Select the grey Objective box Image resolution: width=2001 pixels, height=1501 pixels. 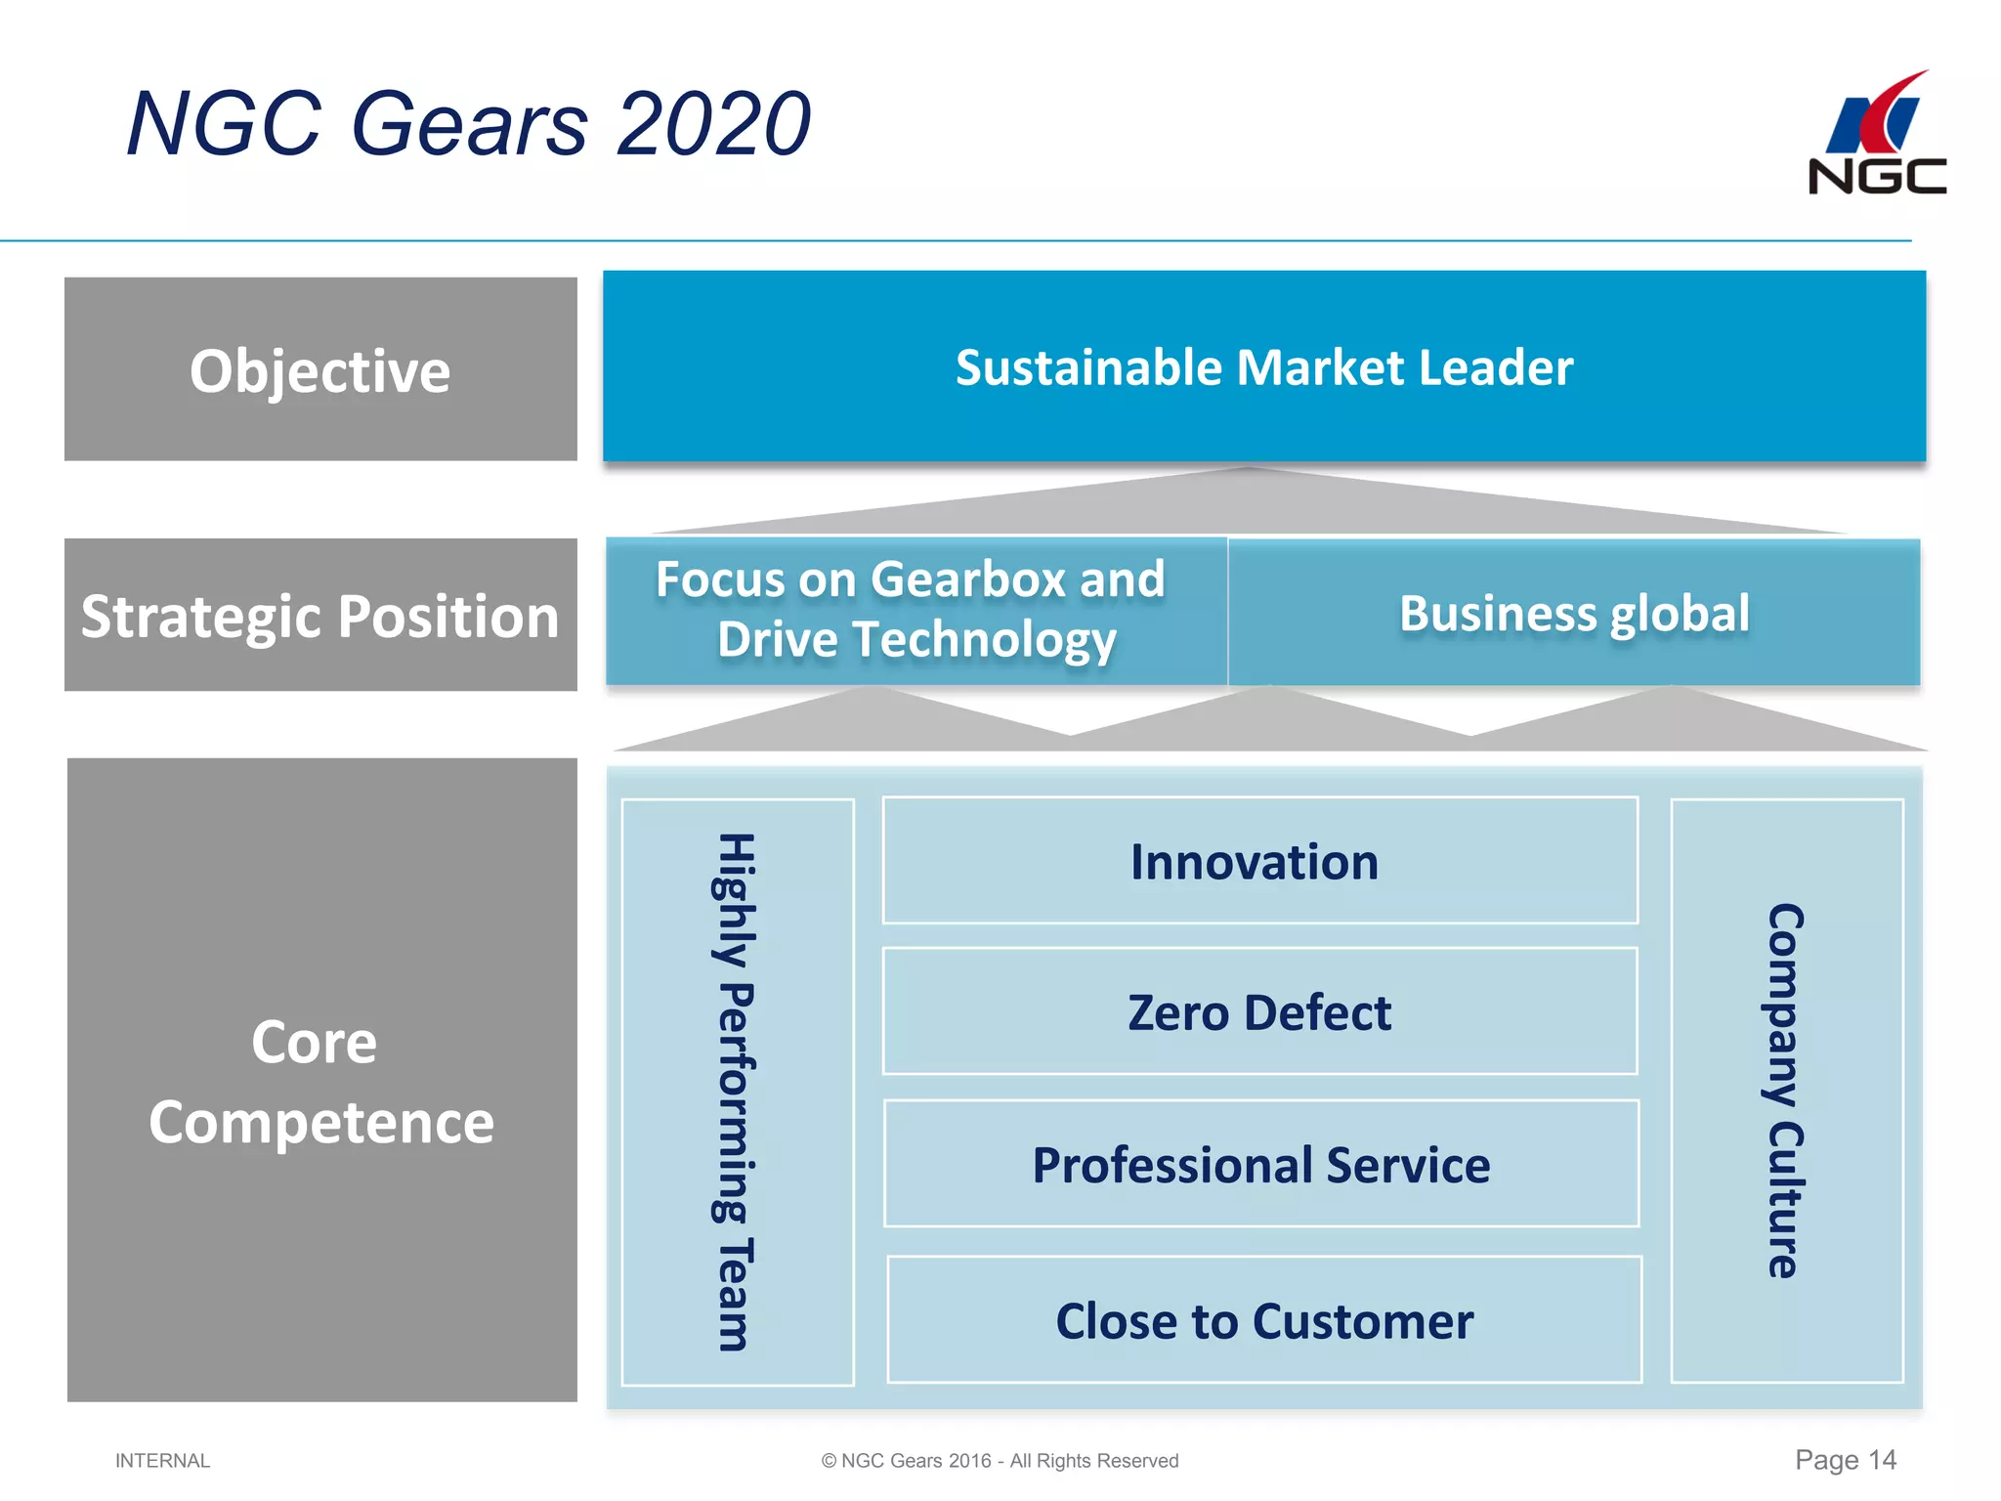pos(320,369)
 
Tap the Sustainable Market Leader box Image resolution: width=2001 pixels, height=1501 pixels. pos(1263,366)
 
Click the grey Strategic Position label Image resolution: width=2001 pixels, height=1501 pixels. pos(320,616)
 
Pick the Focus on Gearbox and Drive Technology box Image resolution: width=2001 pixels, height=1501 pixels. pos(915,611)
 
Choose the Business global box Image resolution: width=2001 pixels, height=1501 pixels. pos(1573,613)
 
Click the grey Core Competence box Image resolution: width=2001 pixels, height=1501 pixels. pos(321,1080)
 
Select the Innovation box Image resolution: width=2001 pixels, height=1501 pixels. pos(1258,861)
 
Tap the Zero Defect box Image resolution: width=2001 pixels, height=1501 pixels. pos(1258,1011)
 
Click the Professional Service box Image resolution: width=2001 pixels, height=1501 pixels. pos(1260,1164)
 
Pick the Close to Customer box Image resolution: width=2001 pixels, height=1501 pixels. pos(1263,1320)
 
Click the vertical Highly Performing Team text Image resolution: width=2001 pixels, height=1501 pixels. pos(735,1092)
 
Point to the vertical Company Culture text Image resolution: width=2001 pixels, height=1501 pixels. pos(1786,1091)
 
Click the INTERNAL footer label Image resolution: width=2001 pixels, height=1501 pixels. pos(162,1461)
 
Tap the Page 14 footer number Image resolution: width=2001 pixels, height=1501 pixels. pos(1845,1460)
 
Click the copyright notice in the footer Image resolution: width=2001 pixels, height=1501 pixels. pos(1000,1461)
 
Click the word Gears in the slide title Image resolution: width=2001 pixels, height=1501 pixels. pos(469,124)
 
